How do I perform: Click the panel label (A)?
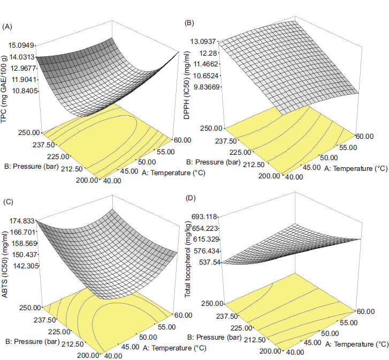point(7,27)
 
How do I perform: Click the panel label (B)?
point(189,23)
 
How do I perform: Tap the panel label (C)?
point(7,201)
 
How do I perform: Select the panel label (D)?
point(190,198)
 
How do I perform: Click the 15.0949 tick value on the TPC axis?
point(21,45)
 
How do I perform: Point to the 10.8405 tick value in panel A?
point(25,91)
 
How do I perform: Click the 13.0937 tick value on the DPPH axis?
point(203,41)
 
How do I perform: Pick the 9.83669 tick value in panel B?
point(207,87)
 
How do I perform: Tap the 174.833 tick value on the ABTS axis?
point(22,221)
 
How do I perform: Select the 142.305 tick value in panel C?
point(25,266)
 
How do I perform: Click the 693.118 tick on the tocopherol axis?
point(204,217)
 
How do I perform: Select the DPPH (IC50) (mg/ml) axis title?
point(187,86)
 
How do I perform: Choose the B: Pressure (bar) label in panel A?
point(31,166)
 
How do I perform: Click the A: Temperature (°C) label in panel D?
point(356,344)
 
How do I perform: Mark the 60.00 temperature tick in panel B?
point(365,136)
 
